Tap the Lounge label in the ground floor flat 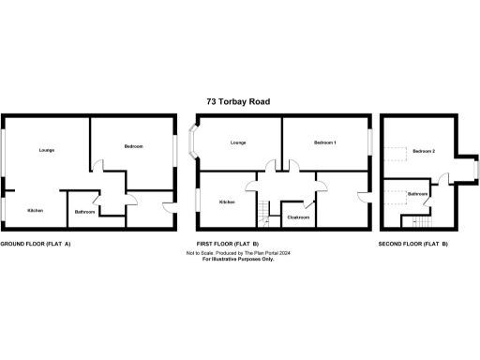point(45,150)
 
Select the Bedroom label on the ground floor point(133,147)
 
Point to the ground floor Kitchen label point(35,210)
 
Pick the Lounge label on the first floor point(237,142)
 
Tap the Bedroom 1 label point(325,142)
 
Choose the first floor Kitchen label point(227,202)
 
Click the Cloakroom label point(298,217)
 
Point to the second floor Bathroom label point(418,194)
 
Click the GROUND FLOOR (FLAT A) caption point(36,244)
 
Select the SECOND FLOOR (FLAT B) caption point(412,244)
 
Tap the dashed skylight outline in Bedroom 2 point(397,152)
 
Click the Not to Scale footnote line point(240,253)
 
